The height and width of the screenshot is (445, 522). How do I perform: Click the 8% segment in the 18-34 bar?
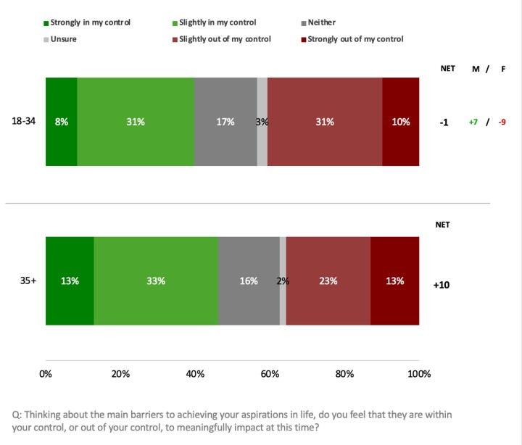(x=62, y=122)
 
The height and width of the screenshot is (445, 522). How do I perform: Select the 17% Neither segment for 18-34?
(x=225, y=122)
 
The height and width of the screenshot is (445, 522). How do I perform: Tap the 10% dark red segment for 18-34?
(x=401, y=122)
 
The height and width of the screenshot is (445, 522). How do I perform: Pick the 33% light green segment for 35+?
(x=156, y=281)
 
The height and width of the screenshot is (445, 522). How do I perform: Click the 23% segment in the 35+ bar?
(x=328, y=281)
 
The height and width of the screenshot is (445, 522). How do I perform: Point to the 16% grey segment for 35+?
(x=249, y=281)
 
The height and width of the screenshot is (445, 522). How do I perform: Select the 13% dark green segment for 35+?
(x=70, y=281)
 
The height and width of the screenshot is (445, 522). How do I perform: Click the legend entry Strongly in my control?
(x=91, y=22)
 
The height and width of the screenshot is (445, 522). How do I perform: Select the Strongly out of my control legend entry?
(x=355, y=39)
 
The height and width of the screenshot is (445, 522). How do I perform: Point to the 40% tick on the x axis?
(x=195, y=374)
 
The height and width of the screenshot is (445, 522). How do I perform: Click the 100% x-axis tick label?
(x=418, y=374)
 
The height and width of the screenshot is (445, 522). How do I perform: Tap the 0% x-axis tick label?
(x=46, y=374)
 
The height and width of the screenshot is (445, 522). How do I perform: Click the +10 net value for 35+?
(x=442, y=286)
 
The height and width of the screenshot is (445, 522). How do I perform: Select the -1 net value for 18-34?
(x=444, y=122)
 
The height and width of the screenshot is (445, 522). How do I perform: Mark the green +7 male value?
(x=473, y=122)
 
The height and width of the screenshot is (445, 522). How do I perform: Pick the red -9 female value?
(x=502, y=122)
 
